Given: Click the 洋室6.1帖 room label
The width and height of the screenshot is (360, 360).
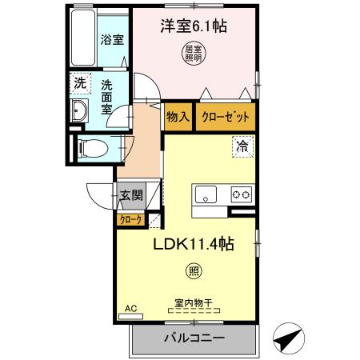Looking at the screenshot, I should tap(194, 26).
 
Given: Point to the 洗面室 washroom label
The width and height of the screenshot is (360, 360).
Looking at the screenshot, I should tap(107, 97).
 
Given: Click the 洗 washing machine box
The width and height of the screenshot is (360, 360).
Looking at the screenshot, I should tap(80, 82).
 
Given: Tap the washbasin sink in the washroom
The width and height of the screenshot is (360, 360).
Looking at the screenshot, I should tap(81, 113).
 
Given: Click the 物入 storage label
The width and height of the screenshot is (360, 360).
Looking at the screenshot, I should tap(178, 116).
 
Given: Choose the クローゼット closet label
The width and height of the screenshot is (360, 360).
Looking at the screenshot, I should tap(224, 116).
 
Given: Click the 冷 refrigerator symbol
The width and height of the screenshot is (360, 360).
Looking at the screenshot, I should tap(241, 146).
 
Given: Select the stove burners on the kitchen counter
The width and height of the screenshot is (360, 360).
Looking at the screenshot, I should tap(242, 194).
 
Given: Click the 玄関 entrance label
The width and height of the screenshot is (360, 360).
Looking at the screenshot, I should tap(132, 194).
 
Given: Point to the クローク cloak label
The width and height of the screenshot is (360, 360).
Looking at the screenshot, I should tap(130, 218).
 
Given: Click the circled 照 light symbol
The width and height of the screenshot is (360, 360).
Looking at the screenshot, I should tap(194, 270).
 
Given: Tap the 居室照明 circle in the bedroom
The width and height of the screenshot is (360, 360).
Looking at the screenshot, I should tap(193, 54).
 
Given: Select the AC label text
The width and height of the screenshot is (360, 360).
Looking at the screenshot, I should tap(130, 306).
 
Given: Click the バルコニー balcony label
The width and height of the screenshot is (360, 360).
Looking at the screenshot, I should tap(194, 338).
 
